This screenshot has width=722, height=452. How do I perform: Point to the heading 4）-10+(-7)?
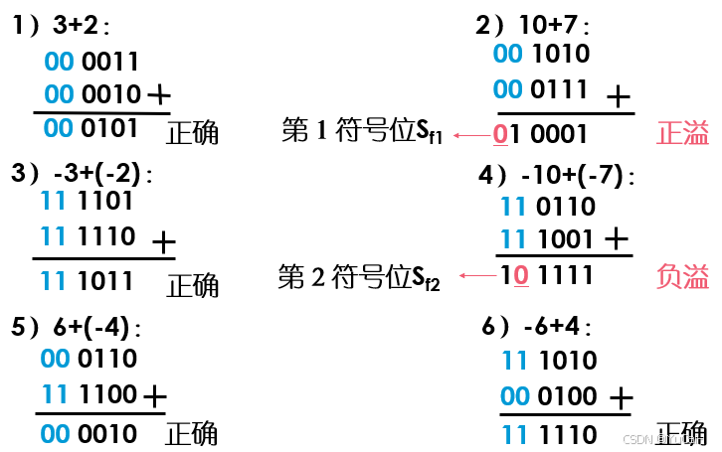coord(557,176)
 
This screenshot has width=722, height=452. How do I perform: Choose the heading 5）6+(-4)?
coord(75,327)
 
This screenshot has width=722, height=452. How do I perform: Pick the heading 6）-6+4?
coord(538,327)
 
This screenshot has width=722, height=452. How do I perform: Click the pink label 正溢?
coord(683,134)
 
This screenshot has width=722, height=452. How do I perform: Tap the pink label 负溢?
coord(683,276)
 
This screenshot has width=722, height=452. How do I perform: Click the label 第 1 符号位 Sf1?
coord(362,131)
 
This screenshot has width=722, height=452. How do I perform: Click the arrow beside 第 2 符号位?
coord(475,275)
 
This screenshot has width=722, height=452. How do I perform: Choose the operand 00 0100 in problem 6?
coord(549,396)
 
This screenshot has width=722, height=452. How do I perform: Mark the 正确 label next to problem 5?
coord(192,434)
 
